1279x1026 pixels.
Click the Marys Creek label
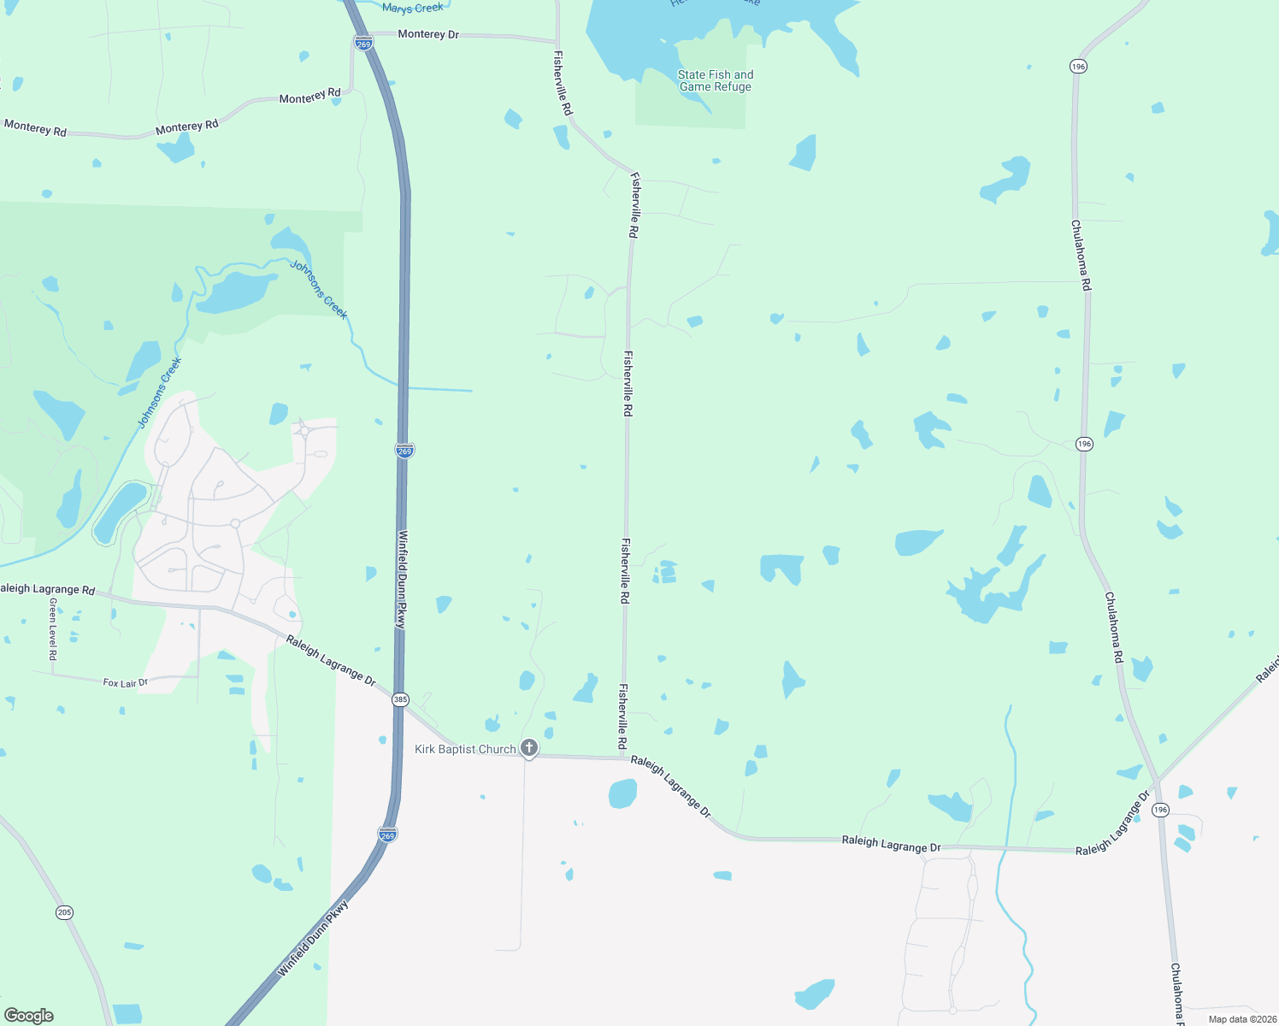(x=413, y=9)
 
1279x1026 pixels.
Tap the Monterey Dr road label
(x=428, y=34)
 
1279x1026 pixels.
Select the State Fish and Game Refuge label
(x=716, y=81)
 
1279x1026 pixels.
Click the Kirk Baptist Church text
(x=465, y=750)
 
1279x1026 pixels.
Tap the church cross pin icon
(x=529, y=748)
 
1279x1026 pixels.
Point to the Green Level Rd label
(x=53, y=628)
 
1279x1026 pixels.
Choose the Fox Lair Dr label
(x=125, y=683)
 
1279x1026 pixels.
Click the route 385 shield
(x=400, y=699)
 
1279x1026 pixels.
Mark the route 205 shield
(x=65, y=912)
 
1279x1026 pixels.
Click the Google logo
(x=29, y=1015)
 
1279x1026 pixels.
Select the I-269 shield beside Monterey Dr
(x=364, y=44)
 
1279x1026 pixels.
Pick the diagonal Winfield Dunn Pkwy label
(x=315, y=938)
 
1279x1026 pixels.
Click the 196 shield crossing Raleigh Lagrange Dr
(x=1159, y=810)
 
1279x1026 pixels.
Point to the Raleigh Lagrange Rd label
(x=47, y=589)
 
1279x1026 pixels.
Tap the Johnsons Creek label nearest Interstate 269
(x=319, y=290)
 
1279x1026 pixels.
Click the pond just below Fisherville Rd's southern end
(x=622, y=793)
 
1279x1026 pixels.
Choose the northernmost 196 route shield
(x=1078, y=67)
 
